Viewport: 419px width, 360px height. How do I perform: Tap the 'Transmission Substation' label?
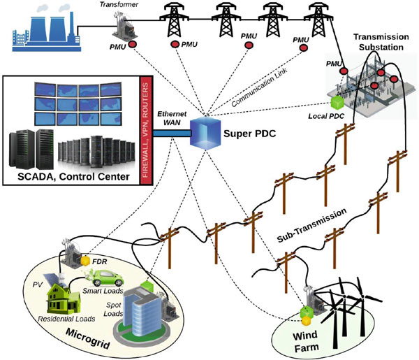(x=378, y=42)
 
